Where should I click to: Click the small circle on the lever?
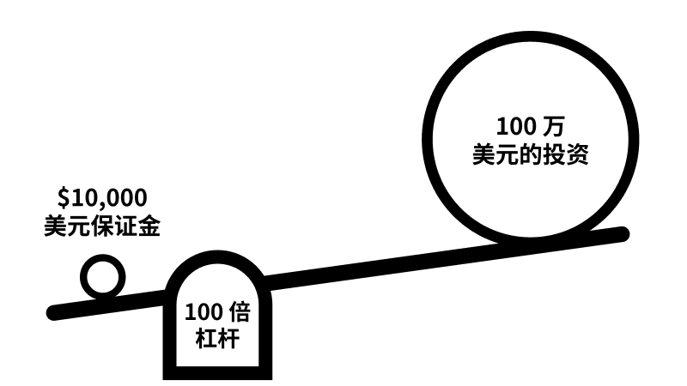click(103, 278)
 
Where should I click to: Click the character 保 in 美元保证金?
click(101, 227)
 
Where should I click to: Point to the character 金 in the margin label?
click(149, 227)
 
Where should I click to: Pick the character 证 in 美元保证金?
click(125, 227)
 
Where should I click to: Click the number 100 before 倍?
click(203, 310)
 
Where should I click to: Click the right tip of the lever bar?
click(625, 232)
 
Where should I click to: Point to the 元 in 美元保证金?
click(78, 227)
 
